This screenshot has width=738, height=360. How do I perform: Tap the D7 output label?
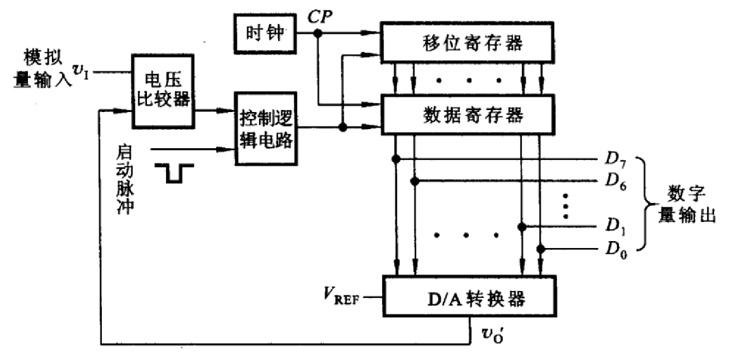614,161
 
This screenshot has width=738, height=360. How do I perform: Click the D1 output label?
614,225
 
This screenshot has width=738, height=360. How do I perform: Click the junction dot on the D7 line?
396,160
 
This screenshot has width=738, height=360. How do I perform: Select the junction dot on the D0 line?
541,249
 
